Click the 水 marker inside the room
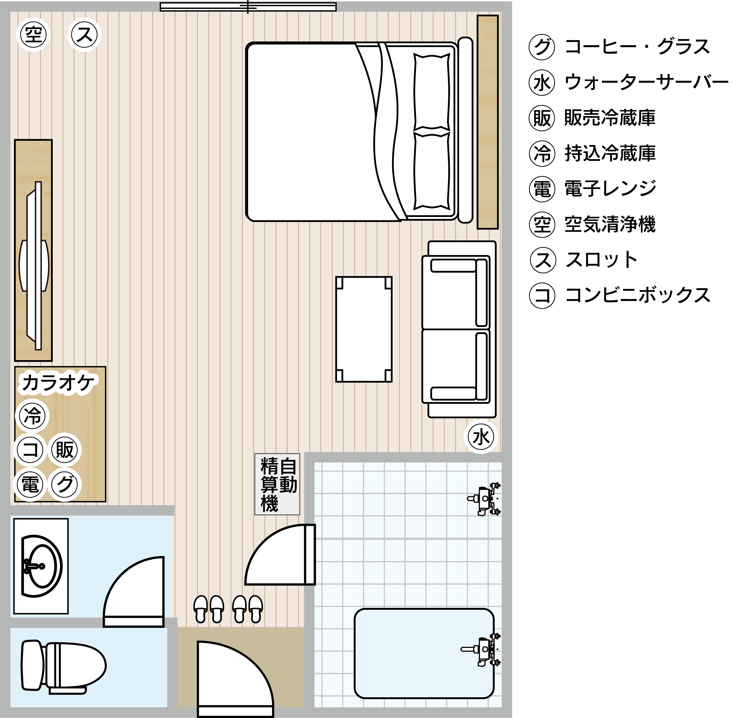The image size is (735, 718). (x=481, y=437)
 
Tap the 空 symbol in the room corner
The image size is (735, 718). (x=33, y=34)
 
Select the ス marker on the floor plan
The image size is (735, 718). (x=84, y=34)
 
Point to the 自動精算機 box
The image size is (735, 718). (x=277, y=484)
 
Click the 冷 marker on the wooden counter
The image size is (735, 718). (x=32, y=415)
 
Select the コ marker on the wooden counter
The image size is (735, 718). (x=30, y=450)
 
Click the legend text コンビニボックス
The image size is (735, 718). (x=638, y=295)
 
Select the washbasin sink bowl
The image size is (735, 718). (x=41, y=566)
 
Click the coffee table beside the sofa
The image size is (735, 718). (x=364, y=329)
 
